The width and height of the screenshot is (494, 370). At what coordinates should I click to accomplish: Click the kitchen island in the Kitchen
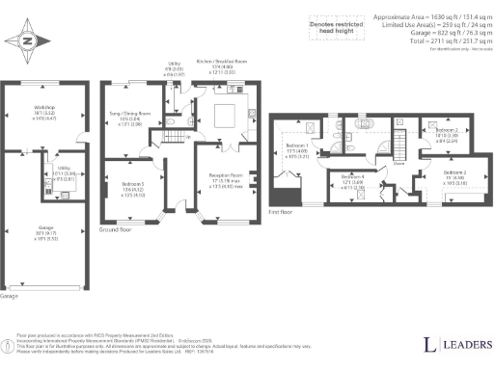click(x=225, y=118)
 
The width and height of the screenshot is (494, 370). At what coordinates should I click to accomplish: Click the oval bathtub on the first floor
click(x=366, y=124)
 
